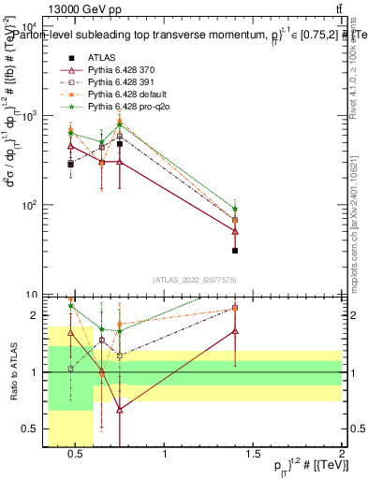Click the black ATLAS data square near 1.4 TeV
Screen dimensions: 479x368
click(235, 251)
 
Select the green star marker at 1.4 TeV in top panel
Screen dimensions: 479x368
click(235, 210)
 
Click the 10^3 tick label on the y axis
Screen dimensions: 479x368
click(30, 116)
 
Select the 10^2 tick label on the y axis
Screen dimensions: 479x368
click(30, 205)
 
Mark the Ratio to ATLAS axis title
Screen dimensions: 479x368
click(12, 372)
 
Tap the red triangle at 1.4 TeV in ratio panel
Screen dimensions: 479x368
click(235, 331)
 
